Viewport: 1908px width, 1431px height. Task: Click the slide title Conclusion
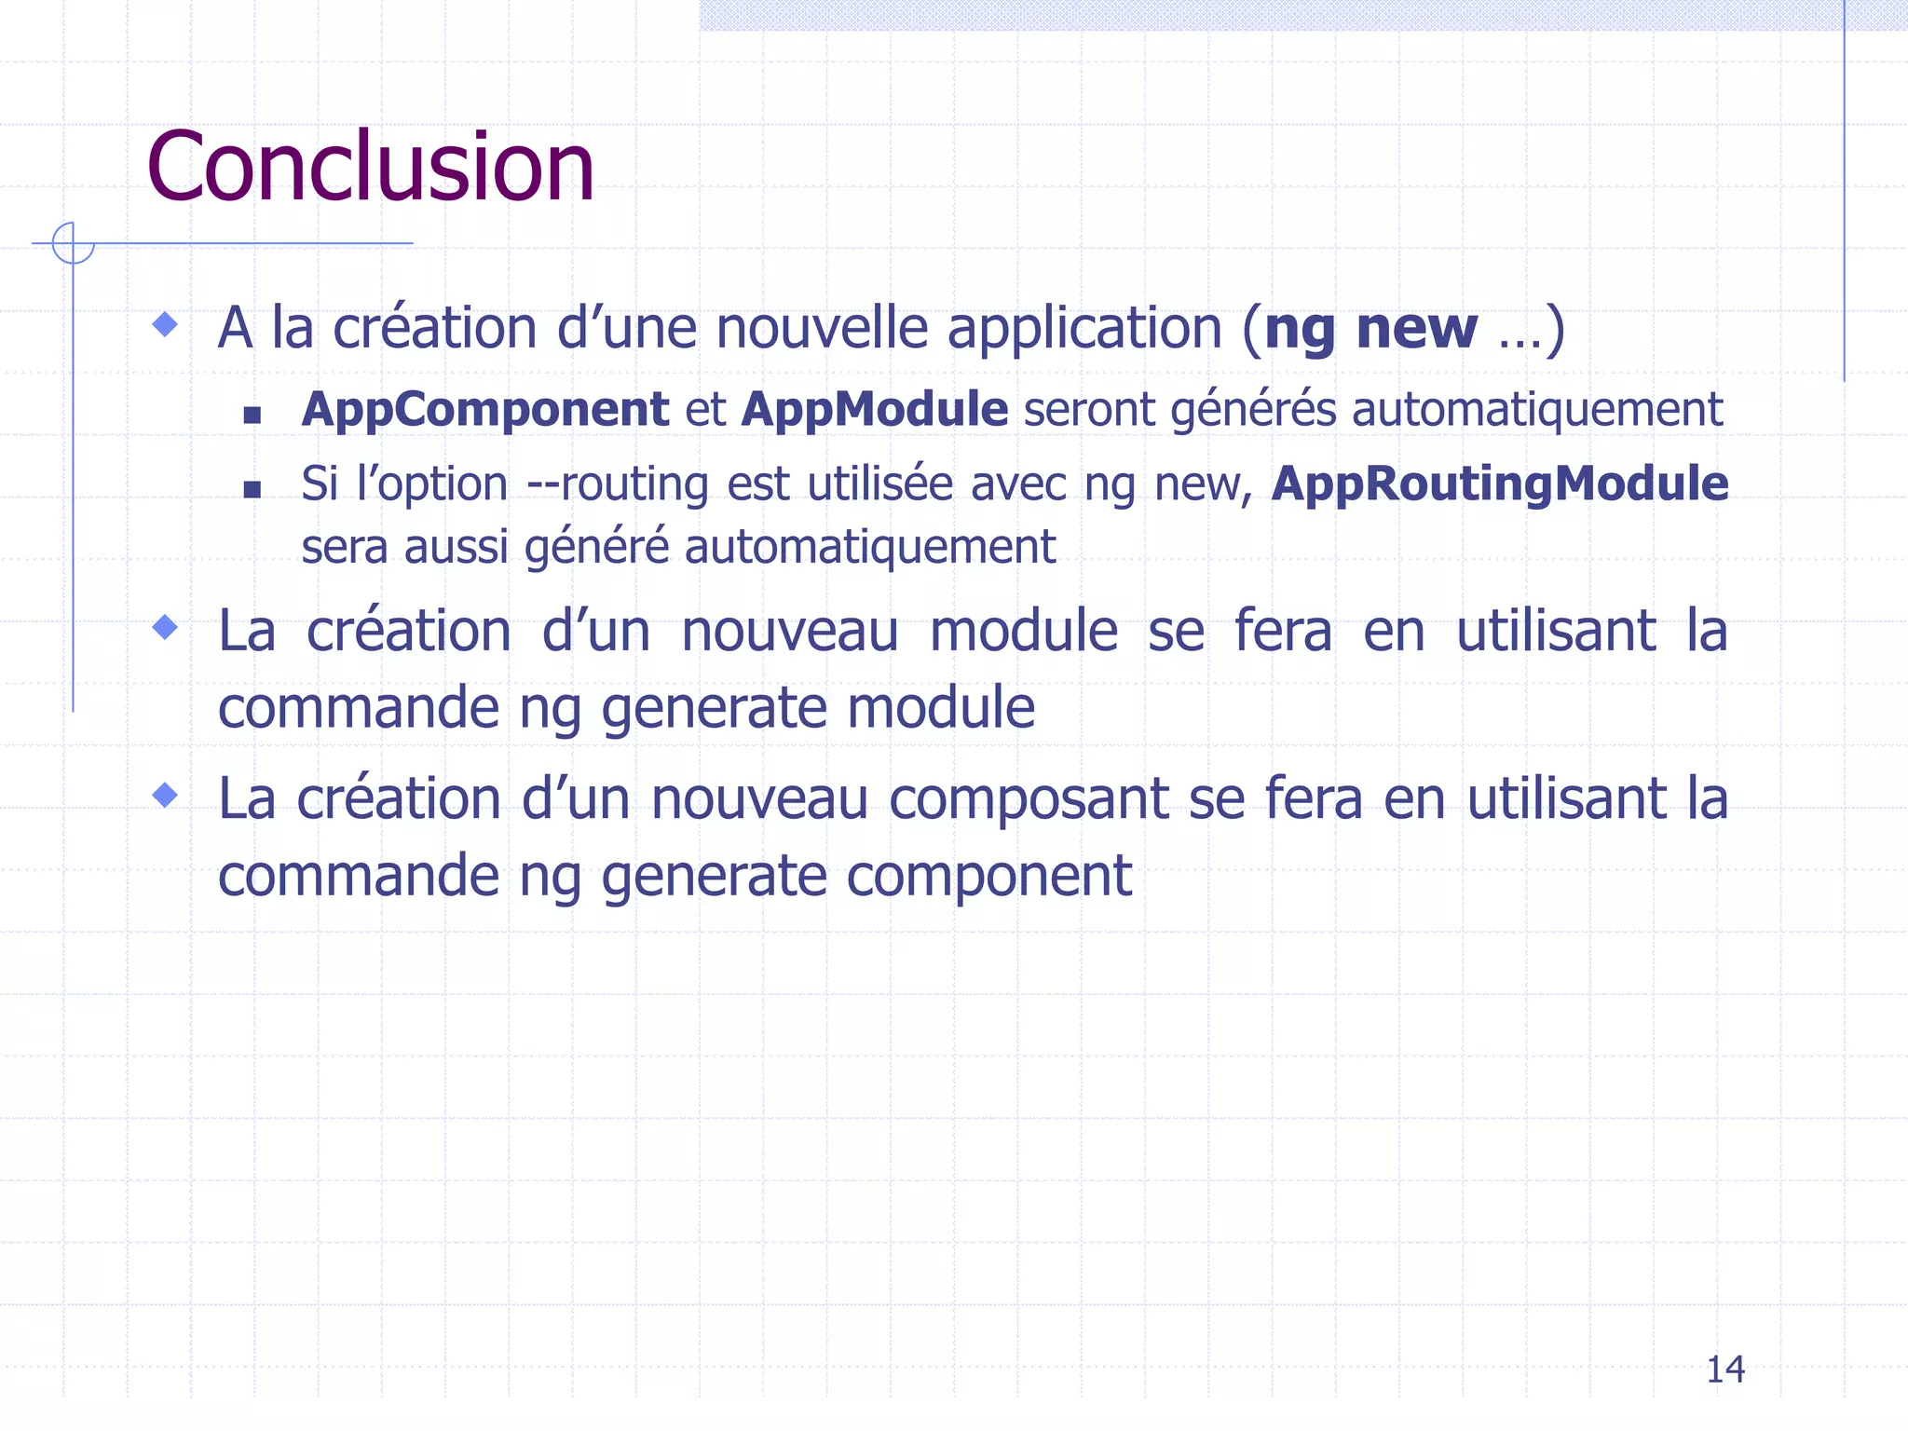(x=370, y=168)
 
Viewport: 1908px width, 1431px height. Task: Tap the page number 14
(x=1724, y=1370)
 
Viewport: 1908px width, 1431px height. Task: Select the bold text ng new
(x=1370, y=329)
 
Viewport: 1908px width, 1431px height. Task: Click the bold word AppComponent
(x=484, y=410)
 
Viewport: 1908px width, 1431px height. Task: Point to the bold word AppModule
(x=874, y=410)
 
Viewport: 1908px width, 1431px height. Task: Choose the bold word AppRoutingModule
(x=1500, y=484)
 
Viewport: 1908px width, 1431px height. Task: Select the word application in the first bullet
(x=1084, y=331)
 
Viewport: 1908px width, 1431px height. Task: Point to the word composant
(x=1029, y=801)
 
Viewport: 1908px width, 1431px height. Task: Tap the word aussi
(x=457, y=547)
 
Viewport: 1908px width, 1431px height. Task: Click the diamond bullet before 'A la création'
(x=165, y=324)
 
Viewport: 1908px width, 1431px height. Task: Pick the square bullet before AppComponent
(x=252, y=415)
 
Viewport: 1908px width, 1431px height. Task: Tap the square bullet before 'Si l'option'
(x=252, y=489)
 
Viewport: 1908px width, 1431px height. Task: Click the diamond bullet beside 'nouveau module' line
(x=165, y=627)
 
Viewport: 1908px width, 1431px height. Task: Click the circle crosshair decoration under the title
(x=73, y=243)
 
